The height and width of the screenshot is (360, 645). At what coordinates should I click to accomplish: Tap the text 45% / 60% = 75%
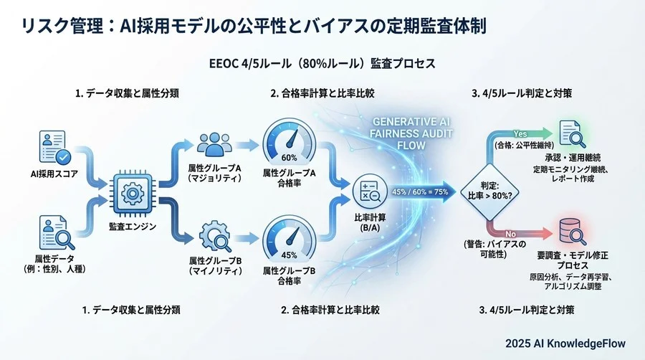(420, 191)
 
